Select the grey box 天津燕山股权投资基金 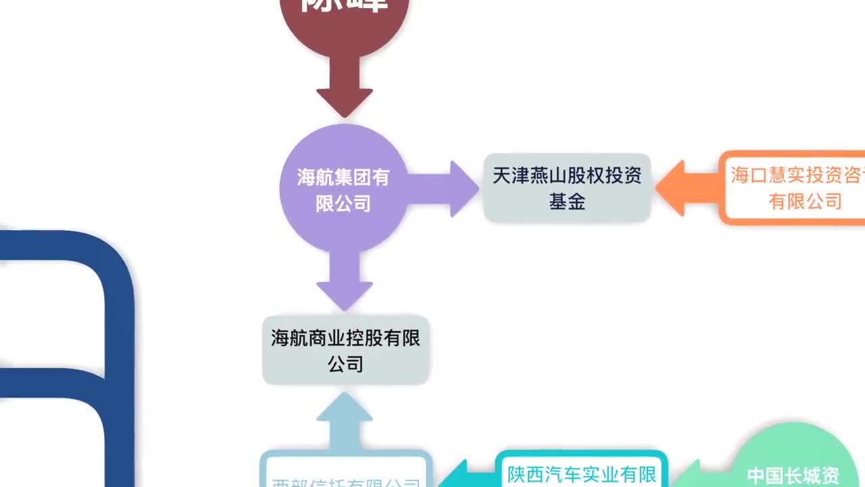point(567,188)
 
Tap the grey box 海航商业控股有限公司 point(345,350)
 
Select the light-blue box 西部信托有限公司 point(345,473)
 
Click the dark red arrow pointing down point(345,85)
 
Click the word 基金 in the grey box point(567,202)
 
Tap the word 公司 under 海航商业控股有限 point(345,364)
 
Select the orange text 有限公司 point(805,201)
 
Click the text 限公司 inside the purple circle point(343,202)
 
